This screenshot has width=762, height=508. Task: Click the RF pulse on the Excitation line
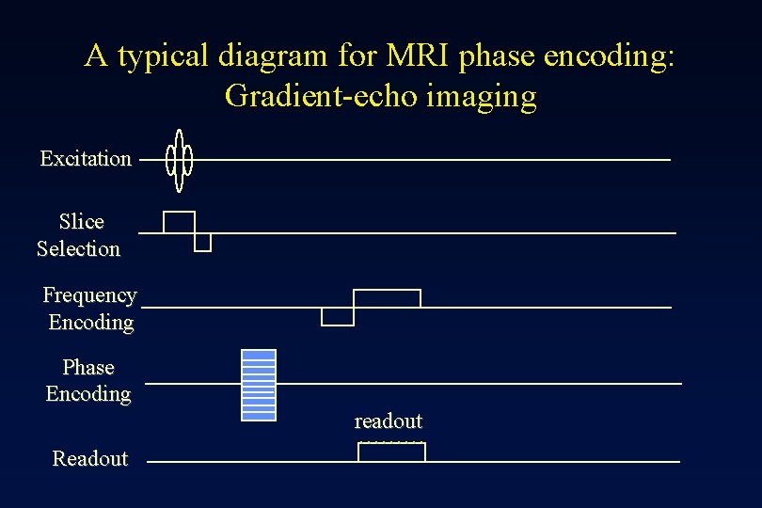click(179, 159)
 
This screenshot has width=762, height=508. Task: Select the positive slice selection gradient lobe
click(179, 222)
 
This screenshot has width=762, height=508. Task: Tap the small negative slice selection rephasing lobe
click(202, 243)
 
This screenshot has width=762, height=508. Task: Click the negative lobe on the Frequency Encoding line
click(338, 316)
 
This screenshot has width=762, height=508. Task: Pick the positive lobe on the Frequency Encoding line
click(387, 298)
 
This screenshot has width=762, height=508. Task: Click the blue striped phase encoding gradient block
click(259, 384)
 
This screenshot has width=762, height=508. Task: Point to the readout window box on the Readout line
click(391, 452)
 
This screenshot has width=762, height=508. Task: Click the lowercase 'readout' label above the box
click(388, 421)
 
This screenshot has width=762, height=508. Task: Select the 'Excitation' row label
click(86, 159)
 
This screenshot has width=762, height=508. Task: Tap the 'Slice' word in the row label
click(82, 222)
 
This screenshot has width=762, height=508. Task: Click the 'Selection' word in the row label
click(79, 249)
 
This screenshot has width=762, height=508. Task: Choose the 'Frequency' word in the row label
click(89, 295)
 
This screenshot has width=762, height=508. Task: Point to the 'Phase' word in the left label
click(88, 368)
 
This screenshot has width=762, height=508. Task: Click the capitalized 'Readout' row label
click(90, 459)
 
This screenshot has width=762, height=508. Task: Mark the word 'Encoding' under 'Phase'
click(88, 395)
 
